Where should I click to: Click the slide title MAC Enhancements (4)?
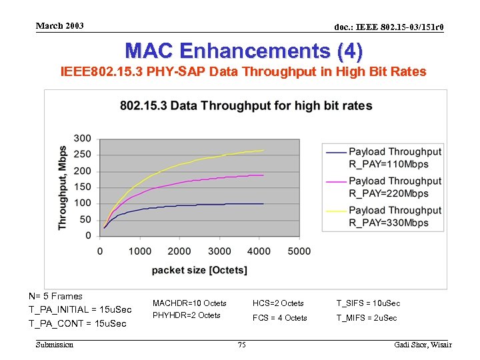pos(244,51)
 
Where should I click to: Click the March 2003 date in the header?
pos(60,26)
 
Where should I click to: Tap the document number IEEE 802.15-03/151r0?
pos(389,27)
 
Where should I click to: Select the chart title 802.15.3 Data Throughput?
pos(246,106)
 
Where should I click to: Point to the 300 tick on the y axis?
pos(83,139)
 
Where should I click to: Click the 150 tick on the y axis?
pos(83,187)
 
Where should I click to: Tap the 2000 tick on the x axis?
pos(179,251)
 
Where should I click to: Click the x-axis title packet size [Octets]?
pos(199,270)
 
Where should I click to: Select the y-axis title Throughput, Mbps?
pos(63,187)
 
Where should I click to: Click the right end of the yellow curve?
pos(263,150)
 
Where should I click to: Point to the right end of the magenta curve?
pos(263,175)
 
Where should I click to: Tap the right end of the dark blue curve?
pos(263,203)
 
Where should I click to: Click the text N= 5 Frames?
pos(55,297)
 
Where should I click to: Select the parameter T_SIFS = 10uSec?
pos(368,303)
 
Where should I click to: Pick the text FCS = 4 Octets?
pos(279,318)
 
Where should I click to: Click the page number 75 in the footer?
pos(242,345)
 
